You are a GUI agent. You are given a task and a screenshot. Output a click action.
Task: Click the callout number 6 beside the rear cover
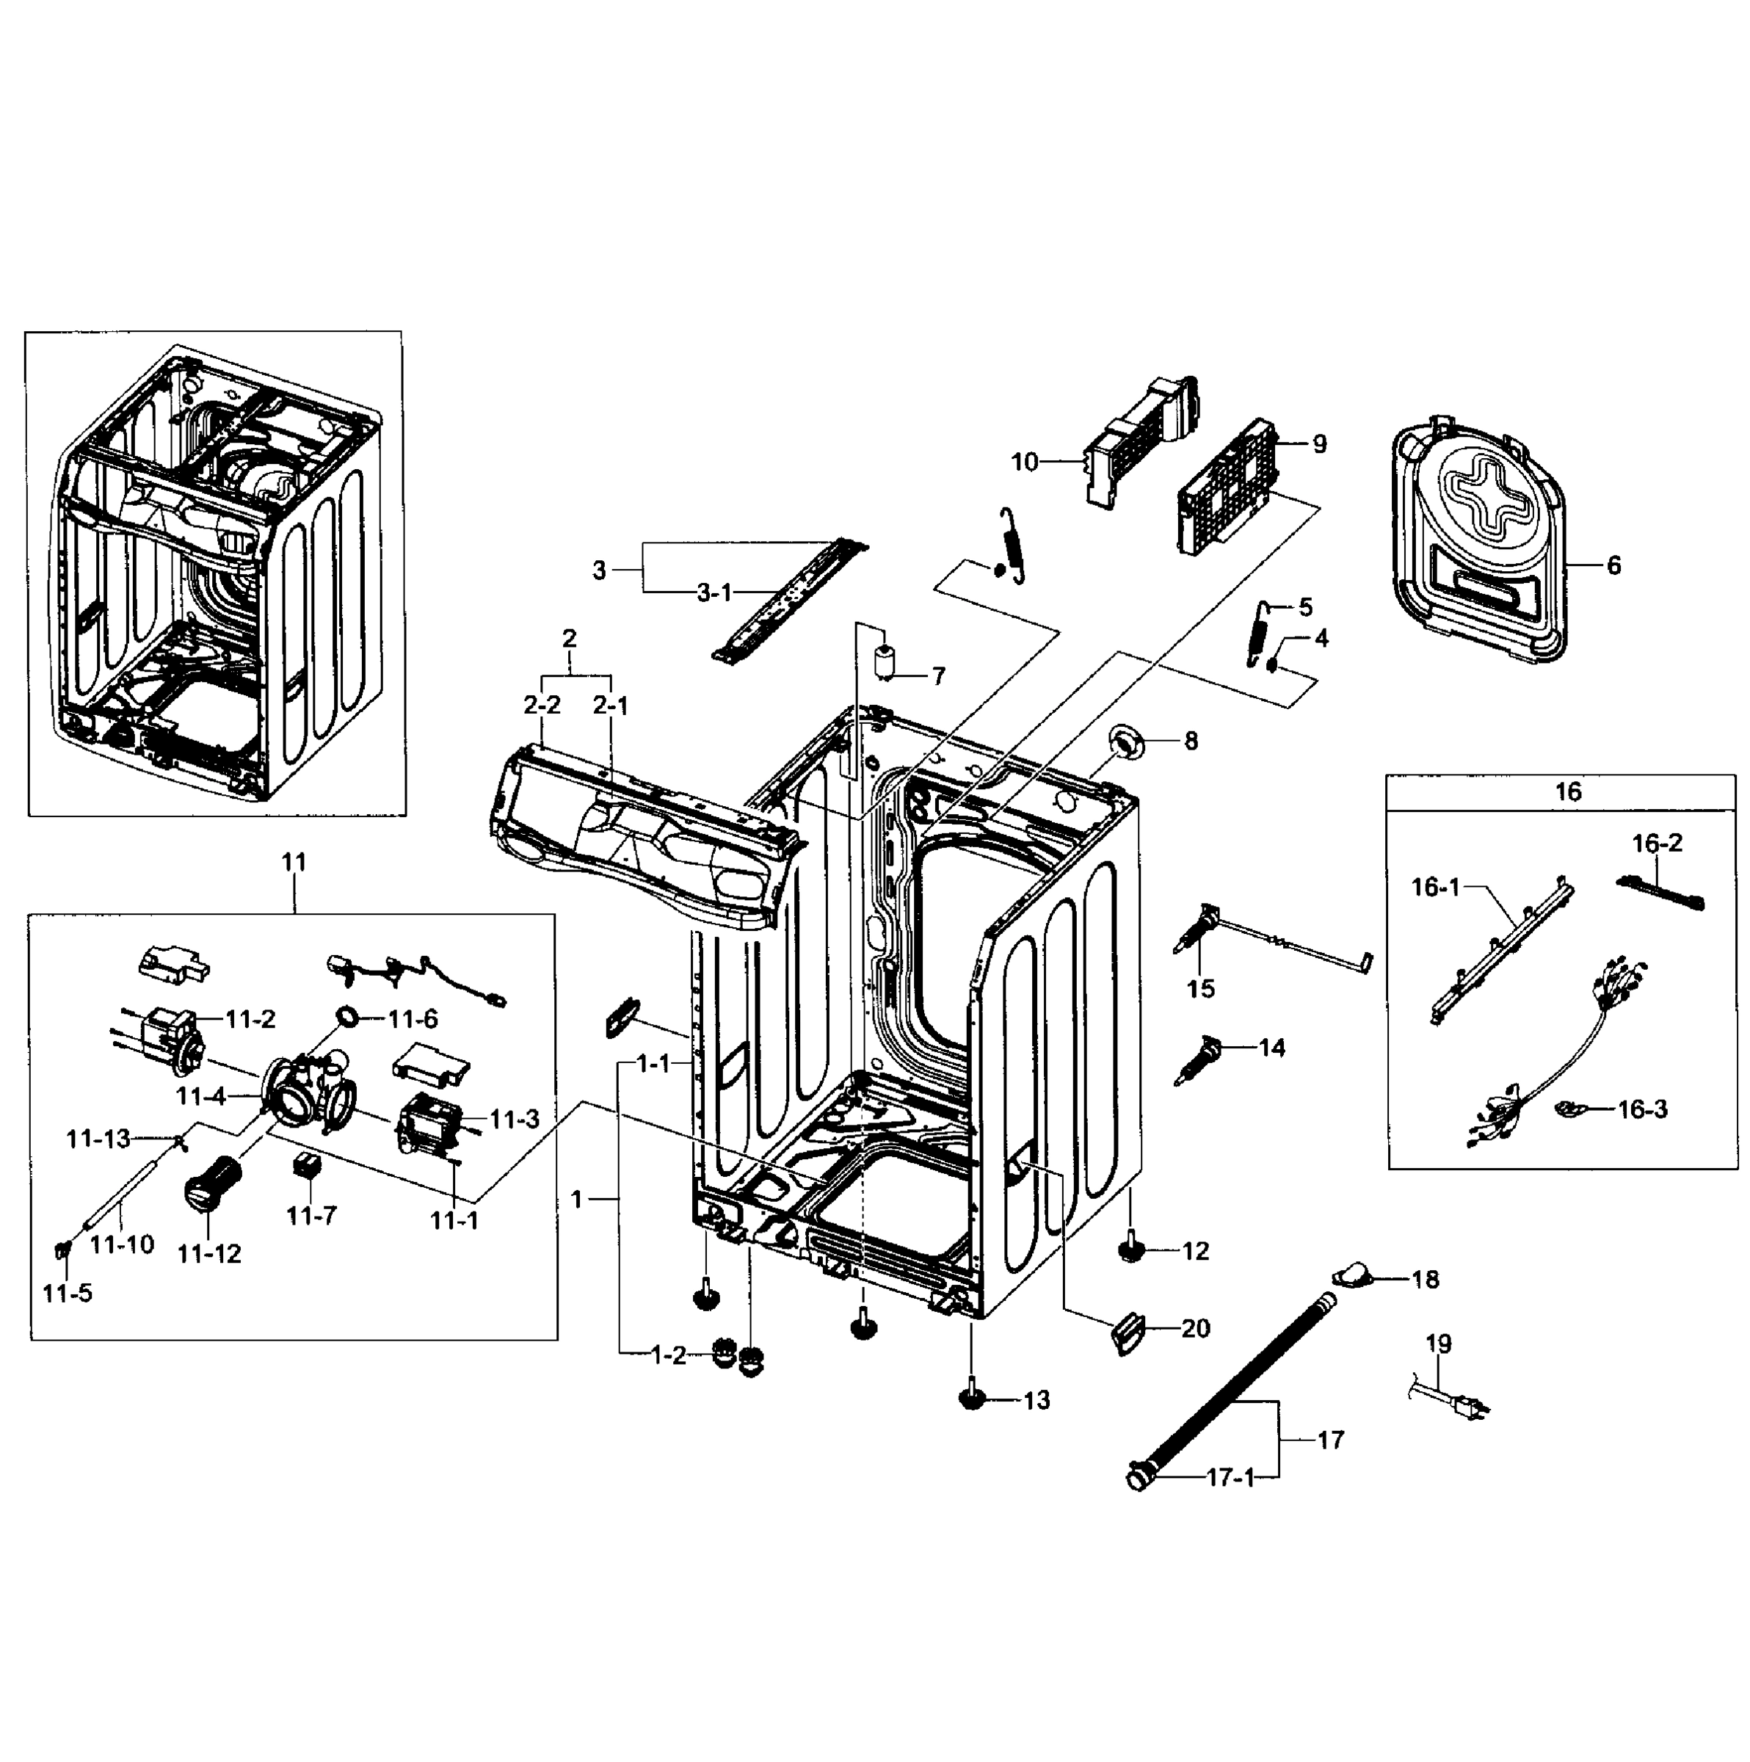1614,566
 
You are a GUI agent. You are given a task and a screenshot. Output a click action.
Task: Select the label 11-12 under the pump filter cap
210,1253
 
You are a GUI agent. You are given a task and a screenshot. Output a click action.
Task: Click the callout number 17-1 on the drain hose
1230,1477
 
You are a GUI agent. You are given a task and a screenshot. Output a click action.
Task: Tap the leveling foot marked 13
972,1397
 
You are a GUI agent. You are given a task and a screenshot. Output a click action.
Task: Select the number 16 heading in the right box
1568,791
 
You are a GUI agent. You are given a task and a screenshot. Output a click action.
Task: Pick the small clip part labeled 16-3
1569,1109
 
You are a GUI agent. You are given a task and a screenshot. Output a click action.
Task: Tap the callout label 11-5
68,1292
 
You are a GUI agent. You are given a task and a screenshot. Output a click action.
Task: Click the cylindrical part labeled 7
885,663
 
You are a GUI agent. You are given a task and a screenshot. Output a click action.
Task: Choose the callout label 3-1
714,594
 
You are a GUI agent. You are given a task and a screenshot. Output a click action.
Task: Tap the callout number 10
1025,463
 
